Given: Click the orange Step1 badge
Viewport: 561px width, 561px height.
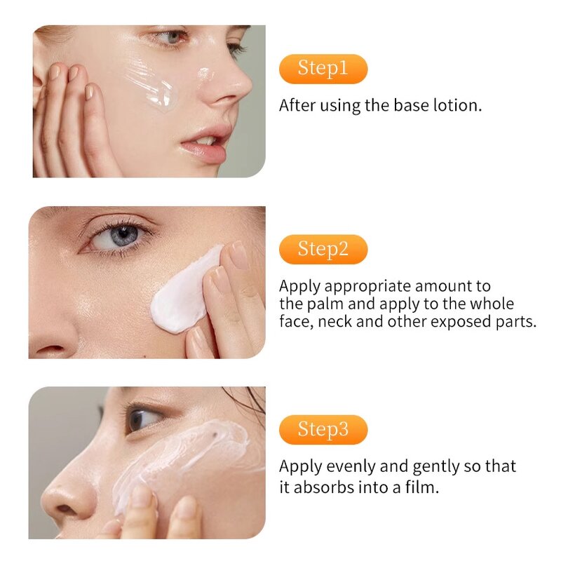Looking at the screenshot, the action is tap(323, 69).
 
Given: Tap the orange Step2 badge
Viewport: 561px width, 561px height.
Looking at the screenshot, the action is tap(323, 250).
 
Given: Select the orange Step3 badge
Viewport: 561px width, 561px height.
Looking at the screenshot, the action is tap(323, 430).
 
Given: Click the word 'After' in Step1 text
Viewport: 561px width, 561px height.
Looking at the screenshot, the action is tap(297, 105).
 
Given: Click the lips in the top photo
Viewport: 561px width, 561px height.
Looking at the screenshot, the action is tap(205, 142).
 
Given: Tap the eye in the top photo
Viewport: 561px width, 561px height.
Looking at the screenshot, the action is tap(171, 37).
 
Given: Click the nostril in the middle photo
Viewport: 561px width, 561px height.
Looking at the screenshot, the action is tap(50, 348).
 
